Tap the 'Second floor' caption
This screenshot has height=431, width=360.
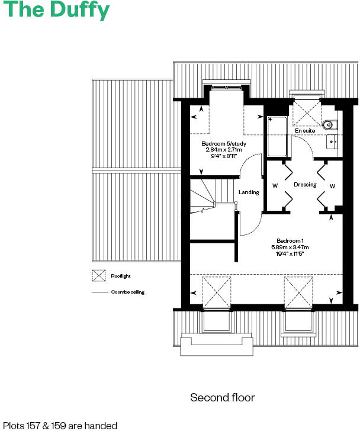click(222, 397)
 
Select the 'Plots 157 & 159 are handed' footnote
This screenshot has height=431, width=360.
click(60, 425)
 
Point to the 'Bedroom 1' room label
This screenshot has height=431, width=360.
click(290, 240)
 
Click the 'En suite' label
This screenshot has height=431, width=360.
click(305, 131)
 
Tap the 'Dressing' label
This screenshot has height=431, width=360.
click(305, 185)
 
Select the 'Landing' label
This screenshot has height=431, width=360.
click(249, 192)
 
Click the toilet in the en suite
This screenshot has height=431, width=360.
click(330, 124)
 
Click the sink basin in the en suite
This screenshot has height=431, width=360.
click(332, 142)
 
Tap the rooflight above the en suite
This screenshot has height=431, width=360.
click(307, 111)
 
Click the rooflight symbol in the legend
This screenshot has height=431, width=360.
click(98, 276)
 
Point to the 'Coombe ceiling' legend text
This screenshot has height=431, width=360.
click(127, 292)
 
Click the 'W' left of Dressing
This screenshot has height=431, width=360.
click(275, 186)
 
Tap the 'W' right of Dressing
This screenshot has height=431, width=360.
click(332, 186)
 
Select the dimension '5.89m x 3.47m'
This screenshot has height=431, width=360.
click(290, 247)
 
